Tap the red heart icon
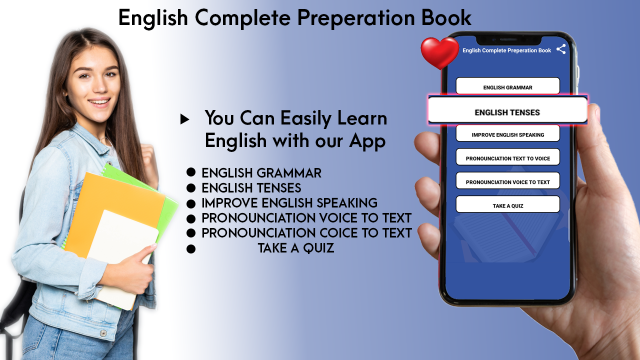(x=439, y=53)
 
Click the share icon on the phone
(x=561, y=49)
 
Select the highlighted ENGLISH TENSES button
(x=507, y=110)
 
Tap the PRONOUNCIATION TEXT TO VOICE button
(x=507, y=157)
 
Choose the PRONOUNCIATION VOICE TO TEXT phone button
(x=507, y=180)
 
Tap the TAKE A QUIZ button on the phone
(x=507, y=204)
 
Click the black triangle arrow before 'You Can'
(x=184, y=119)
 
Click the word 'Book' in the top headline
(x=446, y=17)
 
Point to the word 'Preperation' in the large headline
(x=356, y=18)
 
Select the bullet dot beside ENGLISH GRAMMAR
(x=191, y=172)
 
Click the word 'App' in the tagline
(x=367, y=141)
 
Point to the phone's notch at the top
(x=508, y=40)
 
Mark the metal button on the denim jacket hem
(x=103, y=333)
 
